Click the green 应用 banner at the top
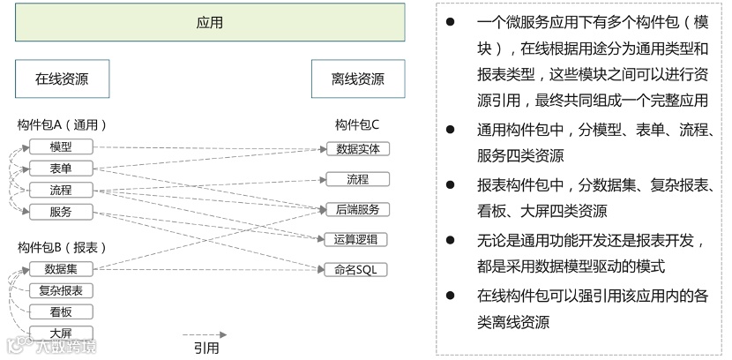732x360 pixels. (210, 22)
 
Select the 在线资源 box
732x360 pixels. (62, 79)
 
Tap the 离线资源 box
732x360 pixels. (358, 79)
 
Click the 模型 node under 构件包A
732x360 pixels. (62, 146)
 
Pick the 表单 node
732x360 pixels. (62, 169)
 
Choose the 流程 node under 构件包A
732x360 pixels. (62, 190)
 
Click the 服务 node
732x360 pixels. (62, 212)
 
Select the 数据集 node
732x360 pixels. (62, 268)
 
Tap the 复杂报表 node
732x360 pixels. (62, 290)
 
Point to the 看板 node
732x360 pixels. (62, 311)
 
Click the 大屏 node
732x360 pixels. (62, 333)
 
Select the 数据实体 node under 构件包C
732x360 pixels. (358, 148)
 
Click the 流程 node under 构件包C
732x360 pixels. (358, 179)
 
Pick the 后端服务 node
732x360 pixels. (358, 209)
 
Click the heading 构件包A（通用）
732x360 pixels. (56, 124)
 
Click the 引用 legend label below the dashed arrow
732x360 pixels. (206, 348)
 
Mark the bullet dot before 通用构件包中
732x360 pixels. (451, 129)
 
